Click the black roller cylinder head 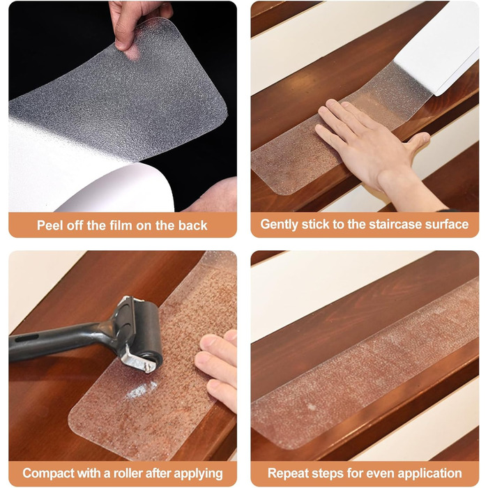click(x=149, y=333)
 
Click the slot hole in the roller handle click(x=26, y=338)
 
